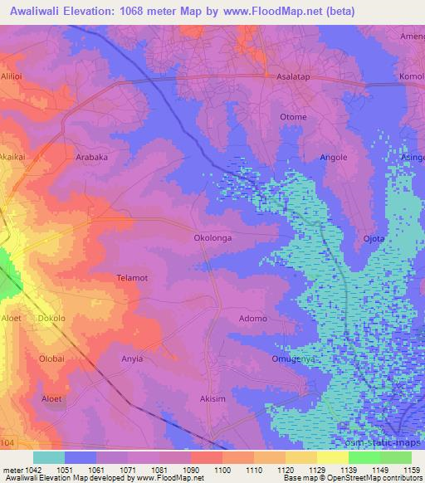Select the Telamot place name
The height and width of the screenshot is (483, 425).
[132, 278]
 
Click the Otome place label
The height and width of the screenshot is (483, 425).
[293, 117]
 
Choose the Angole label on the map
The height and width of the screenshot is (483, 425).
[334, 157]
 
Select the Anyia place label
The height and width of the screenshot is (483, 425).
[132, 359]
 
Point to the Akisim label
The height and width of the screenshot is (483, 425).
[213, 399]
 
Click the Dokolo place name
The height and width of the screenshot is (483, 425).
[51, 319]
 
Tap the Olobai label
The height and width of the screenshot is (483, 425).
[51, 359]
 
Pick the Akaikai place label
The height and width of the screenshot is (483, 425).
[17, 155]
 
